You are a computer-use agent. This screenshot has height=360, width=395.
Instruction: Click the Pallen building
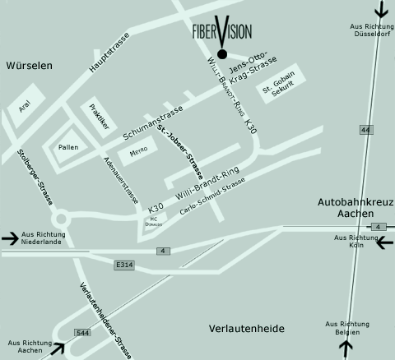[68, 147]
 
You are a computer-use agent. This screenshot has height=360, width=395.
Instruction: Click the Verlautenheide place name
[246, 328]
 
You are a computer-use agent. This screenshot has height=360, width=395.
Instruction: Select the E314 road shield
[124, 265]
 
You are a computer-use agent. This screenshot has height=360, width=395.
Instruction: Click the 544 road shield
[82, 333]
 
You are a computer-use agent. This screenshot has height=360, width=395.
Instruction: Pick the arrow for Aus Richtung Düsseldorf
[381, 10]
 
